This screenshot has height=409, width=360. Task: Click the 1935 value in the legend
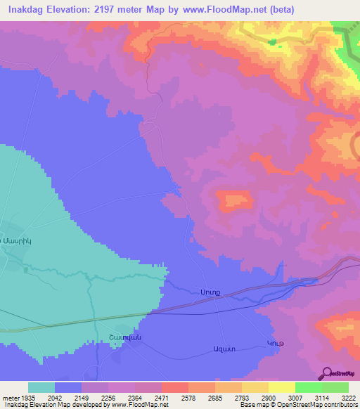point(28,398)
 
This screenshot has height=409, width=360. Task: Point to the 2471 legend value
point(160,398)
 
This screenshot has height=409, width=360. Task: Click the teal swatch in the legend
point(41,387)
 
